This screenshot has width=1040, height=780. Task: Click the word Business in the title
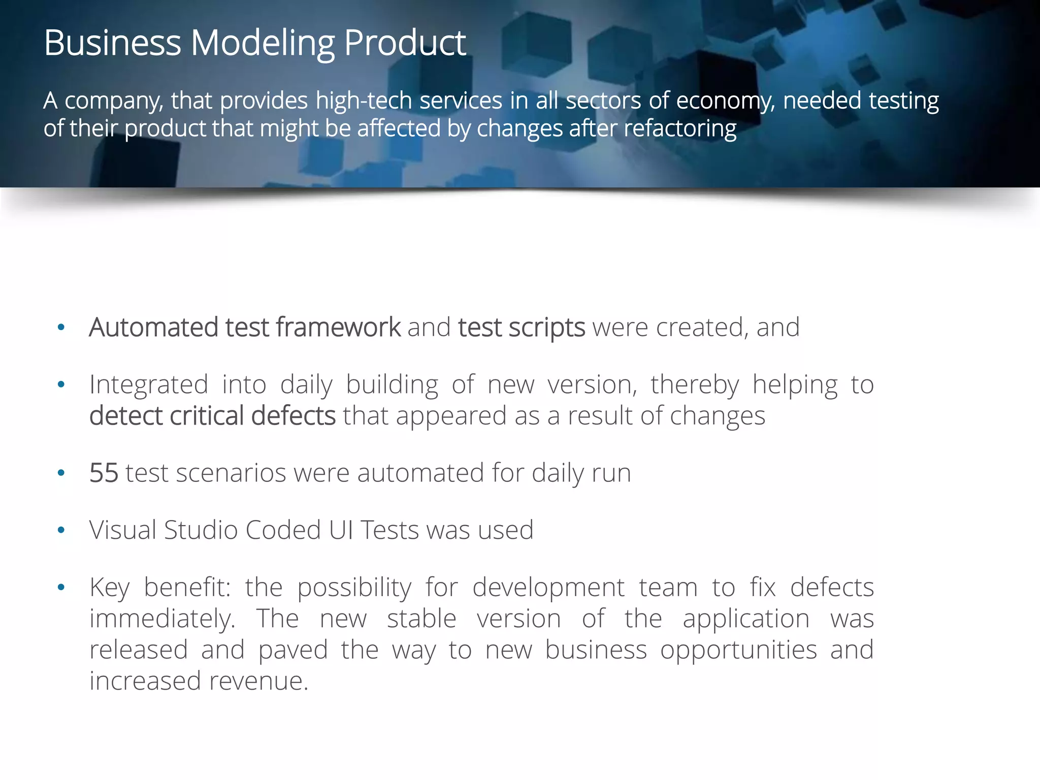[112, 43]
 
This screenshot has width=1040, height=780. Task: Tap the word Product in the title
[405, 43]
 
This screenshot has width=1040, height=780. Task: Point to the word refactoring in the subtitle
[680, 129]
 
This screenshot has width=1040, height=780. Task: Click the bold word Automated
[153, 327]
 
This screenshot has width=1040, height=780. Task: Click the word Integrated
[149, 385]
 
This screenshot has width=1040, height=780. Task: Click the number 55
[104, 473]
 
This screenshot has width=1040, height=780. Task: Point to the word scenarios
[231, 473]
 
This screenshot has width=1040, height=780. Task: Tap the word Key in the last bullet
[109, 588]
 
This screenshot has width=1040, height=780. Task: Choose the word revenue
[258, 681]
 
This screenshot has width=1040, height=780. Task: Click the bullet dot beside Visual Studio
[61, 531]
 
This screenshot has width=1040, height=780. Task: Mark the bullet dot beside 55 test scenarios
[61, 473]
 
